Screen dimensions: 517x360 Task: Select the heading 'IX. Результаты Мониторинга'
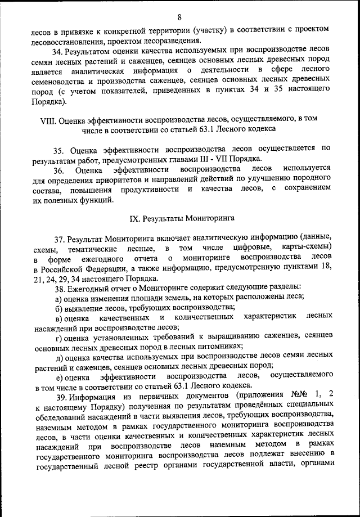point(180,217)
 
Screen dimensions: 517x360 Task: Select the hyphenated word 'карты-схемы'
point(307,248)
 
